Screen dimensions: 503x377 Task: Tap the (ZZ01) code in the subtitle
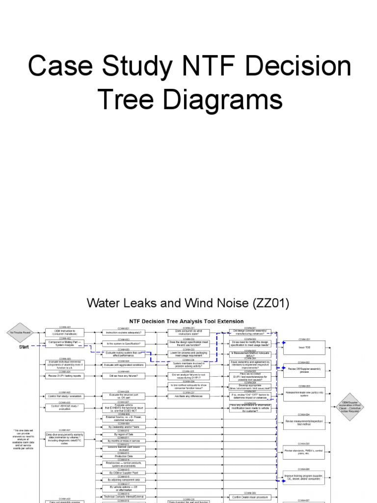[265, 303]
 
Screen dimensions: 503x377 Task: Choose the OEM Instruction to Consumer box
[65, 333]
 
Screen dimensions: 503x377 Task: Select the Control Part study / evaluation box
[65, 396]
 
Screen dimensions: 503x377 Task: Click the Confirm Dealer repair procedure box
[251, 497]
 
